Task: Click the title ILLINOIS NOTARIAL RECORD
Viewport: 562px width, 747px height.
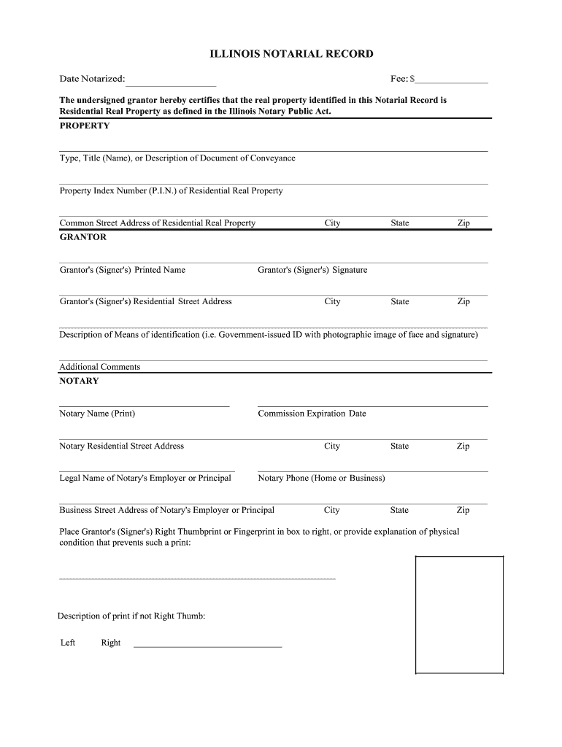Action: click(281, 54)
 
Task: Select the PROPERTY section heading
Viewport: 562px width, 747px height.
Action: click(85, 125)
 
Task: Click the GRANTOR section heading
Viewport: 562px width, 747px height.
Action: click(83, 237)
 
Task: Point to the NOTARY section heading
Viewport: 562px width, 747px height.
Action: click(79, 381)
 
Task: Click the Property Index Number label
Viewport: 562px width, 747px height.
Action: click(171, 191)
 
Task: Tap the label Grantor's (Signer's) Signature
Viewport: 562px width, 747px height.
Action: click(312, 270)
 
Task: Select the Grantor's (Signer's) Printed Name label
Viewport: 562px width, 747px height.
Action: click(123, 270)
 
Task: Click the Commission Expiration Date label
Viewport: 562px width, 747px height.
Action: click(312, 414)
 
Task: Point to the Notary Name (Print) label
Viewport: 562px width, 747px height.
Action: click(97, 414)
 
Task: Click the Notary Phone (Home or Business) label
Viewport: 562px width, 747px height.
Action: click(321, 479)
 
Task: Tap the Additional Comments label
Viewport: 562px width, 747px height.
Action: click(99, 367)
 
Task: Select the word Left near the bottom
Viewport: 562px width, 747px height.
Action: click(68, 643)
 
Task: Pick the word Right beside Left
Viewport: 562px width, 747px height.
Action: click(111, 643)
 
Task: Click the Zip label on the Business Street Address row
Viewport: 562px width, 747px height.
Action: click(463, 511)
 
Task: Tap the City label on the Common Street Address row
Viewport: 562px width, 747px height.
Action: click(332, 223)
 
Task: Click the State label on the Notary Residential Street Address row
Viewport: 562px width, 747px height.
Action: click(399, 446)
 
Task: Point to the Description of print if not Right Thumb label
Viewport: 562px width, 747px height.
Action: click(131, 616)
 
